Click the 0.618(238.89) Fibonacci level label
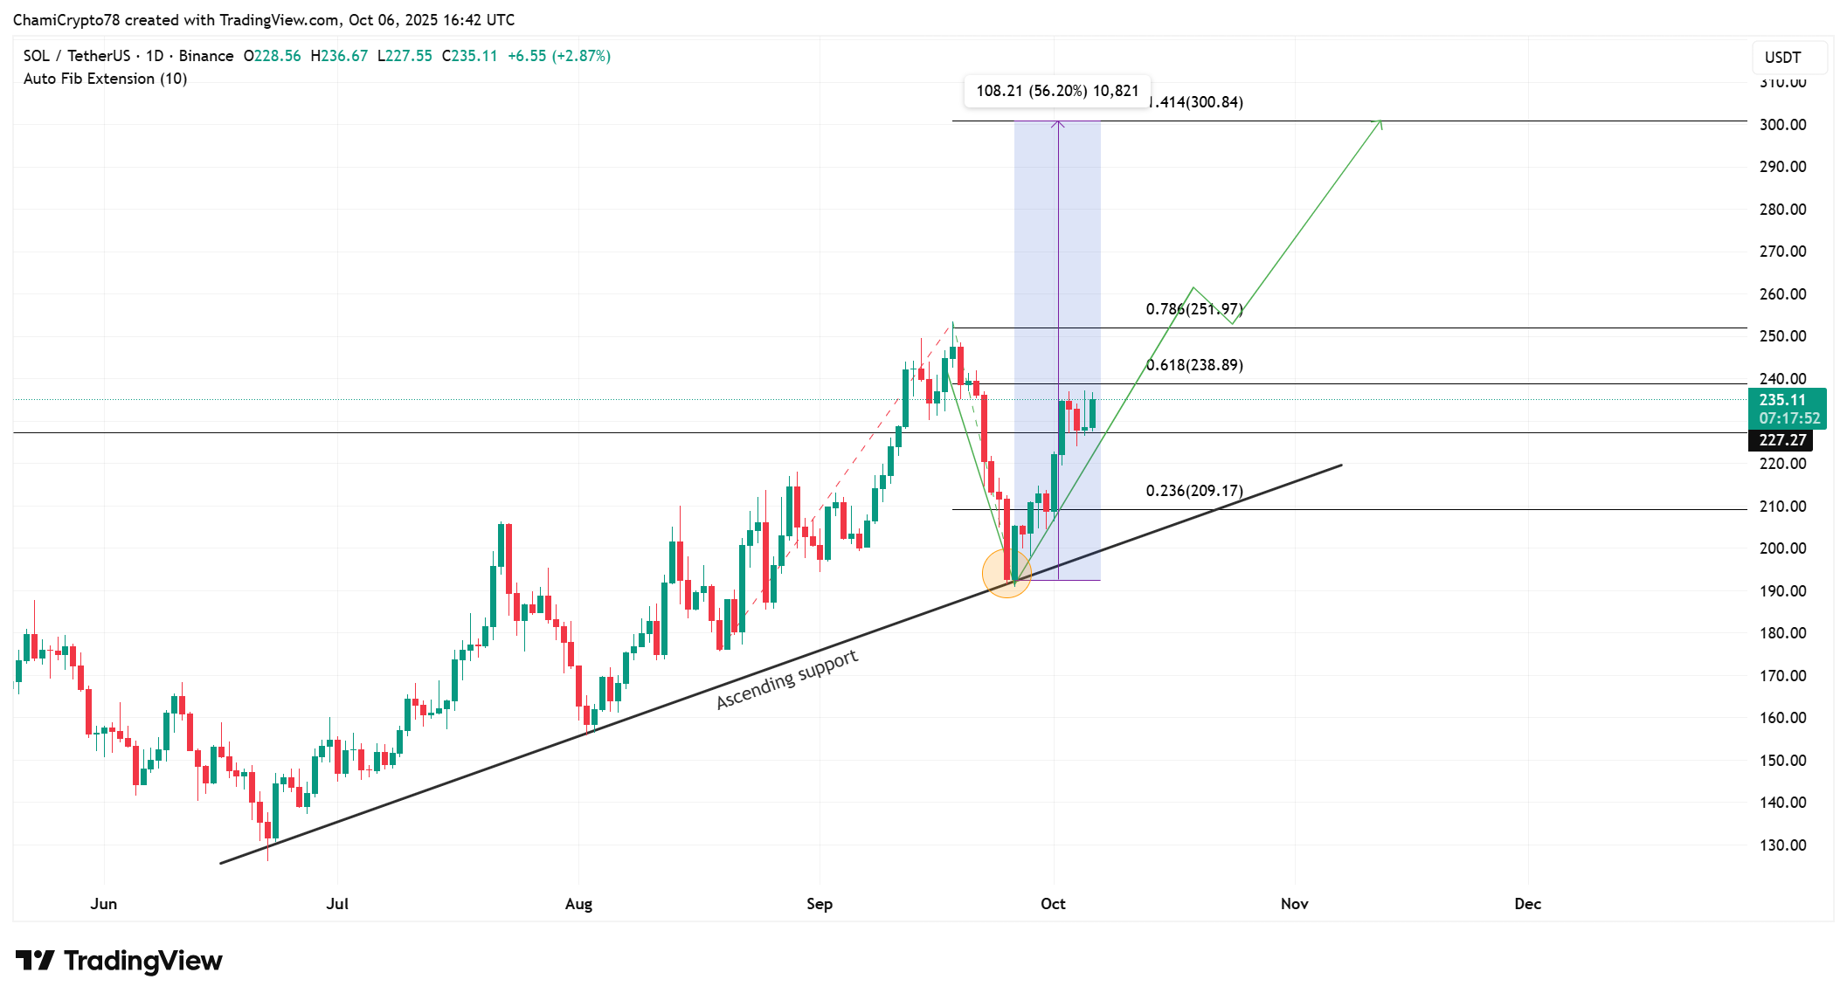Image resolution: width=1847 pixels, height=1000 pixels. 1194,365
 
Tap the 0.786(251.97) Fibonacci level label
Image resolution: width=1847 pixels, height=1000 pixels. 1194,309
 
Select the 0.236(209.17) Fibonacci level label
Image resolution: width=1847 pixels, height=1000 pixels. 1194,491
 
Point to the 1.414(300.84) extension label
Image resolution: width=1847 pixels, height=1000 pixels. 1196,102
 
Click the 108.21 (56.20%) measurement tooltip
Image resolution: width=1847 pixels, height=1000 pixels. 1057,91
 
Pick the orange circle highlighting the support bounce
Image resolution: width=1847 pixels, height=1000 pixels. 1007,574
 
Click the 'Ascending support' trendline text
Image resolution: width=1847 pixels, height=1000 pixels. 787,679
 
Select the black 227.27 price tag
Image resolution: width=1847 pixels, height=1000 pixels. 1783,440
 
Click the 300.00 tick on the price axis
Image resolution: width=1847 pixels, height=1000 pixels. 1782,125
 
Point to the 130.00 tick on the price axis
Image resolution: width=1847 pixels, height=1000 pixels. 1782,845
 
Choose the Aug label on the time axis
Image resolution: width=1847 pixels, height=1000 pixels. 578,904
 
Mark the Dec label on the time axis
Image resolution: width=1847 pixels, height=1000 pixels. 1527,904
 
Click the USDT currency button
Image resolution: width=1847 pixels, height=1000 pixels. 1782,58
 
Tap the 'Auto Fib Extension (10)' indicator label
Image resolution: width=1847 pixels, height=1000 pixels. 105,79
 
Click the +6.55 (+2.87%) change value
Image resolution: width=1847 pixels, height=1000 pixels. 559,56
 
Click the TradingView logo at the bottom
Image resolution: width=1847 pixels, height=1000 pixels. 119,961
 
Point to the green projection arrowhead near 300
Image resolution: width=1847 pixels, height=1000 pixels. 1380,122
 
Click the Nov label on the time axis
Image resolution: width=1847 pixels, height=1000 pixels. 1294,904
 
